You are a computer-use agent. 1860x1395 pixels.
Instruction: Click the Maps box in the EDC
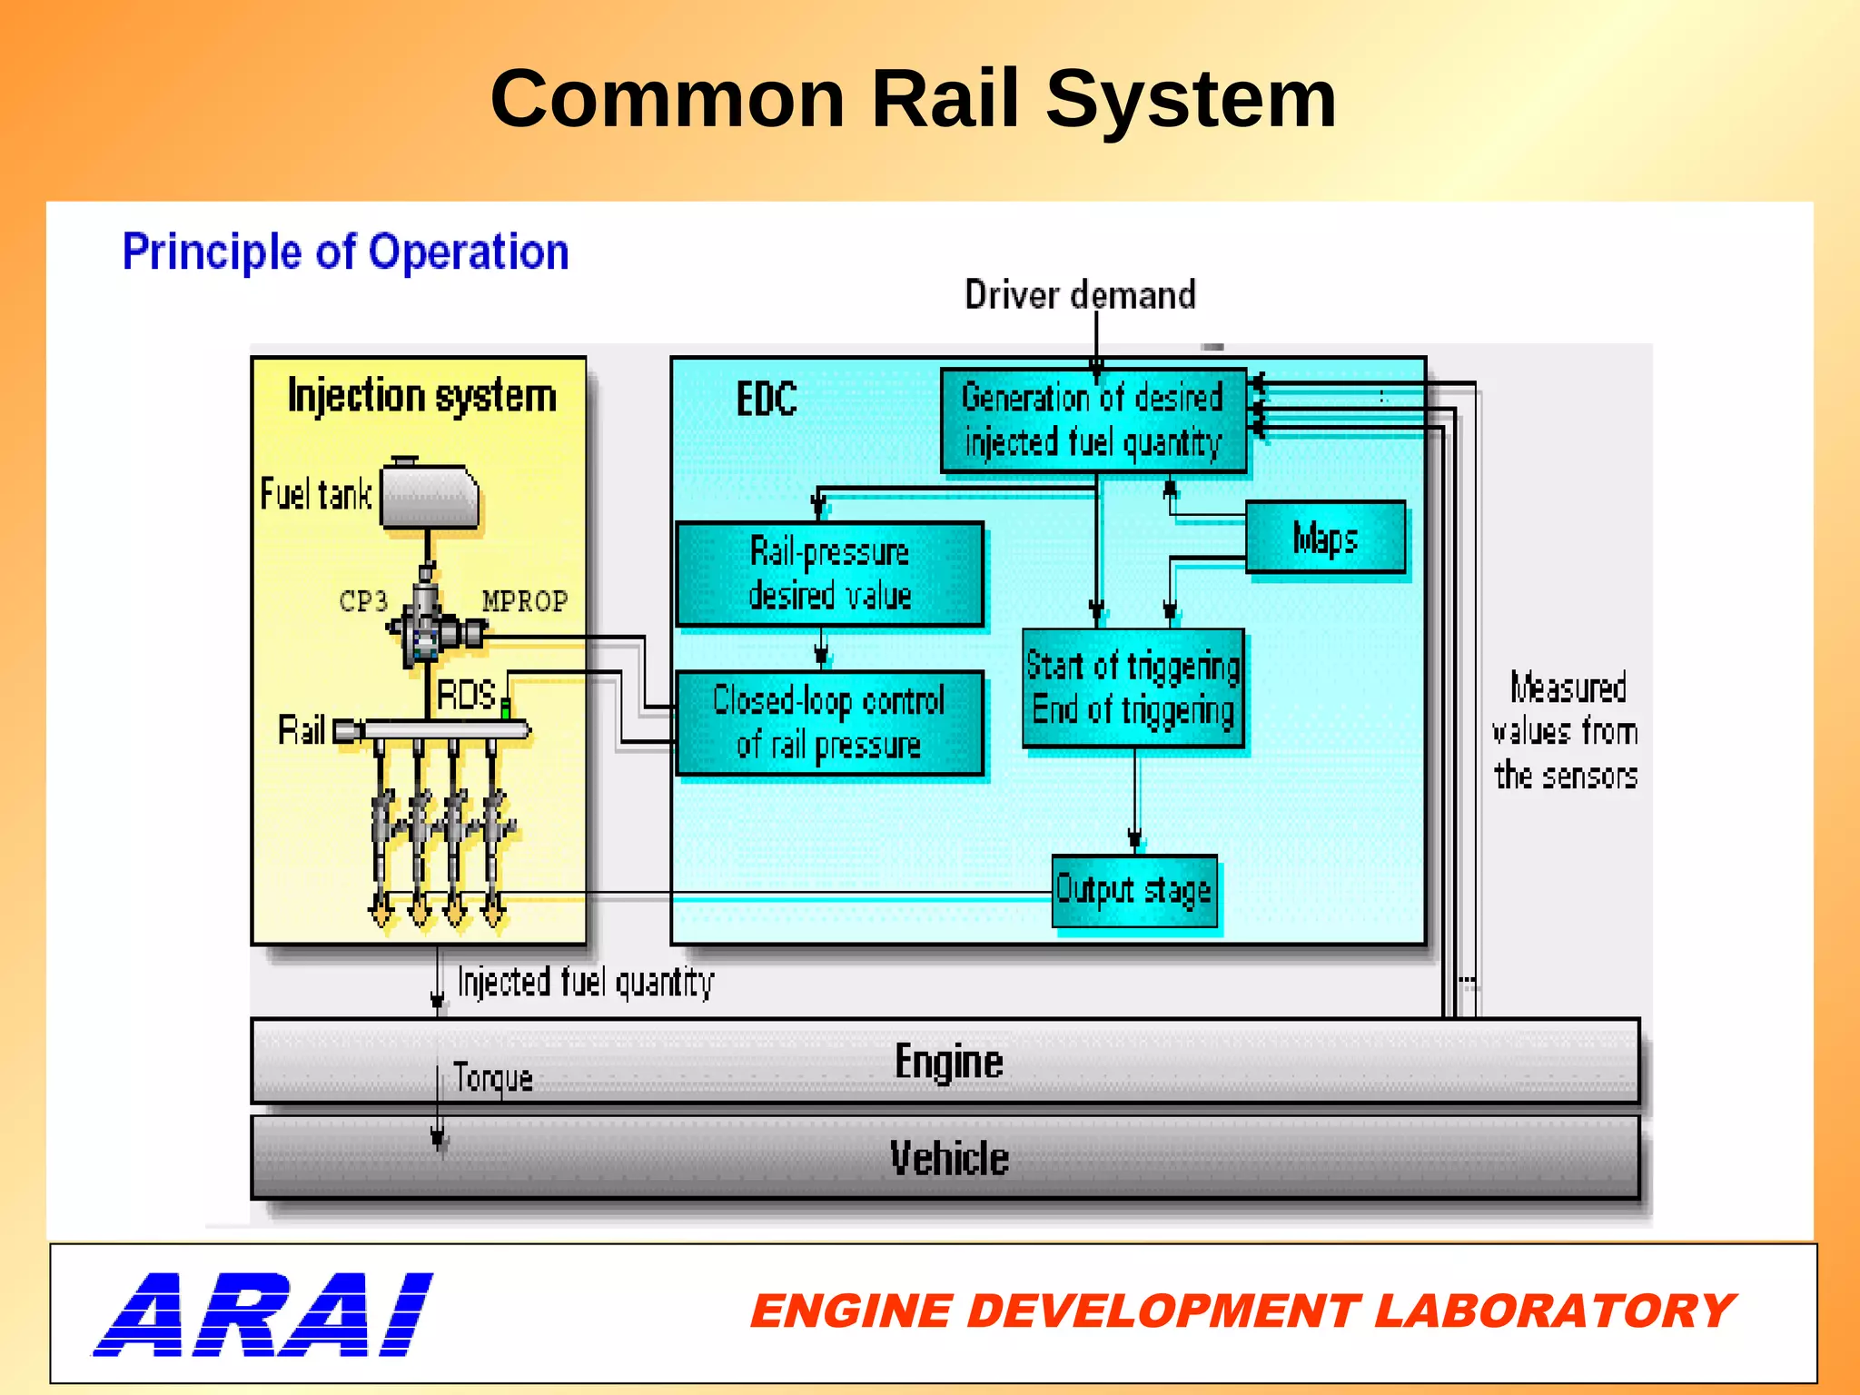pyautogui.click(x=1325, y=538)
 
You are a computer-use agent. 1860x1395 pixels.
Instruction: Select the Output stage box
pyautogui.click(x=1133, y=890)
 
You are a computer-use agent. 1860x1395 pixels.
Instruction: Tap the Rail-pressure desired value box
pyautogui.click(x=829, y=574)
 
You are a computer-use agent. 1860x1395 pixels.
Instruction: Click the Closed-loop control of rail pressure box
pyautogui.click(x=829, y=723)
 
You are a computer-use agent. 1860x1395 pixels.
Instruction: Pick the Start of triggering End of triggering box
pyautogui.click(x=1133, y=688)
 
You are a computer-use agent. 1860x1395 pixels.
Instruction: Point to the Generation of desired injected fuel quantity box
pyautogui.click(x=1093, y=420)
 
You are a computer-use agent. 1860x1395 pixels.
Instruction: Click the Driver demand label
pyautogui.click(x=1079, y=295)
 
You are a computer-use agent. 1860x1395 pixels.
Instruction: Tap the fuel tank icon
pyautogui.click(x=430, y=497)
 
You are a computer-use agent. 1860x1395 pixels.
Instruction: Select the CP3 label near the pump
pyautogui.click(x=363, y=601)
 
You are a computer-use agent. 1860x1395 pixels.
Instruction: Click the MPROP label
pyautogui.click(x=524, y=601)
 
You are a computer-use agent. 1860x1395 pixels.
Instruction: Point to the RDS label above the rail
pyautogui.click(x=465, y=696)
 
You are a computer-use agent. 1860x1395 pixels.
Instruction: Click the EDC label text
pyautogui.click(x=767, y=400)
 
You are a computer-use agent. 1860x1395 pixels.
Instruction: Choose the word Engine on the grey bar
pyautogui.click(x=948, y=1062)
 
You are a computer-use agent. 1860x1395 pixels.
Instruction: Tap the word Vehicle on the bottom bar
pyautogui.click(x=948, y=1159)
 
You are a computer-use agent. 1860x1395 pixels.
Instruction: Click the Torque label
pyautogui.click(x=492, y=1078)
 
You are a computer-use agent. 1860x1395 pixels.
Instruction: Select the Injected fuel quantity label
pyautogui.click(x=585, y=983)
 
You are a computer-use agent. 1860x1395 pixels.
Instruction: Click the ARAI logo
pyautogui.click(x=263, y=1314)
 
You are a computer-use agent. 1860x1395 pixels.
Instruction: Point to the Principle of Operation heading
pyautogui.click(x=345, y=252)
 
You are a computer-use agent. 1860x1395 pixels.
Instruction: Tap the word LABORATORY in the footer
pyautogui.click(x=1553, y=1311)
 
